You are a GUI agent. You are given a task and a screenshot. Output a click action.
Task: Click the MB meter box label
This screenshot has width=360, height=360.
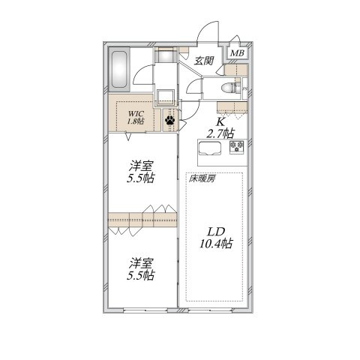coord(237,53)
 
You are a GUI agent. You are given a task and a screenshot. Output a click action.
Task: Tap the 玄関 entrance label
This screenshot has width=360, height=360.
coord(204,61)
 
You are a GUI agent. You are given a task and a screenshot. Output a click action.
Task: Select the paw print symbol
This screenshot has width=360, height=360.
coord(170,120)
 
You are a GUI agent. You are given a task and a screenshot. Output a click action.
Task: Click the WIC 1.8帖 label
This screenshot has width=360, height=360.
coord(136,118)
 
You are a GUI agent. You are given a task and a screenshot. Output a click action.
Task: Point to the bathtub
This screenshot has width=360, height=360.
coord(119,69)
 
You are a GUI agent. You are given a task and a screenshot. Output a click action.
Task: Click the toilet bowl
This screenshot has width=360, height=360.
coord(228,88)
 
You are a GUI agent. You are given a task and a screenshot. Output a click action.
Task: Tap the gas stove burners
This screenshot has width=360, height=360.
coord(237,146)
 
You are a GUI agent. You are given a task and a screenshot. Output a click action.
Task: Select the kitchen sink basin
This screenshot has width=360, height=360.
coord(209,148)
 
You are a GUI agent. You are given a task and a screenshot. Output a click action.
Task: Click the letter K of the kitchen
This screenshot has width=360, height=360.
coord(220,122)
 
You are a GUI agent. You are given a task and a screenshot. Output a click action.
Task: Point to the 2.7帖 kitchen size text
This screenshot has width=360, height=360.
coord(220,133)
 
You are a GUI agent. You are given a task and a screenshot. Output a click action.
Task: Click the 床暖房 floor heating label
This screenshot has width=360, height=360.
coord(202,179)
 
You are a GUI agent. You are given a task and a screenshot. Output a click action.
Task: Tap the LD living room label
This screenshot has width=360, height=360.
coord(216,232)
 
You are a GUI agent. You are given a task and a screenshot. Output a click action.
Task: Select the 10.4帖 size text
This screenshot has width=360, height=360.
coord(216,243)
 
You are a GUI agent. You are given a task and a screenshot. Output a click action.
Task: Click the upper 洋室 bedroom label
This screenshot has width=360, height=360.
coord(141,166)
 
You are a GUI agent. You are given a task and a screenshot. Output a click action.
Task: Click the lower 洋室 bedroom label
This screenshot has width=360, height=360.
coord(141,263)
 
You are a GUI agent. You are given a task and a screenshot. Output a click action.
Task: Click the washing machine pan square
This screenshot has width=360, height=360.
coord(166,97)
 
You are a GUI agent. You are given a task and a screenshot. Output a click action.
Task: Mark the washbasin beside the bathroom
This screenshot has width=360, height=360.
coord(166,56)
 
